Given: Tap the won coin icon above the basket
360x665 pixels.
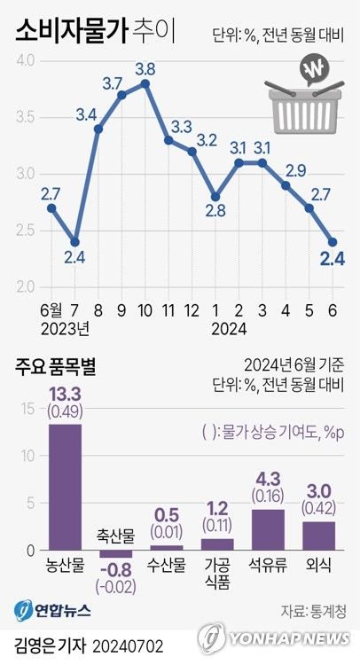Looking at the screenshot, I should [x=313, y=70].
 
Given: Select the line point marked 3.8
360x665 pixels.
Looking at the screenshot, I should [x=145, y=82].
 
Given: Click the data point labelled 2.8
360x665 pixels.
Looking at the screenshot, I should [x=215, y=197].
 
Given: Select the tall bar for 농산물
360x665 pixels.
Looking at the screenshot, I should [x=65, y=487].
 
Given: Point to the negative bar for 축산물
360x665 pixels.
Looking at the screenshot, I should [x=115, y=553].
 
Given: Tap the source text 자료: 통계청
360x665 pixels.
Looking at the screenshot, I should [x=310, y=610].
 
